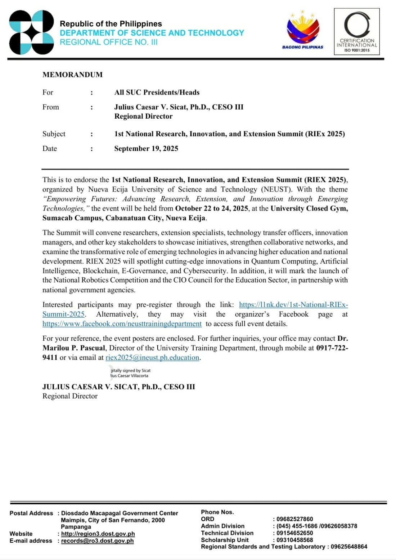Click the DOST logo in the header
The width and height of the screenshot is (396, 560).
click(x=31, y=32)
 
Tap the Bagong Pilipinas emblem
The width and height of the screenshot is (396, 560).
click(x=303, y=30)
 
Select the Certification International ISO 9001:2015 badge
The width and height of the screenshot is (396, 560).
click(x=357, y=32)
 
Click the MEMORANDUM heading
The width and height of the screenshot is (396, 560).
click(x=72, y=75)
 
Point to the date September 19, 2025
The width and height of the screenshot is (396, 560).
click(x=146, y=149)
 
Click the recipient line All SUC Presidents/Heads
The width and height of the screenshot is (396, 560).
click(x=157, y=92)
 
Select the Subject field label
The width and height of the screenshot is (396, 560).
click(x=54, y=134)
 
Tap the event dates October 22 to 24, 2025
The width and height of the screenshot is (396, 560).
click(x=212, y=208)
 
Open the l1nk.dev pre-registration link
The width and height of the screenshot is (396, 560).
click(x=293, y=305)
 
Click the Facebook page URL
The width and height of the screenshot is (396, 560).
click(x=122, y=324)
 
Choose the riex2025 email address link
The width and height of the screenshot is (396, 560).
click(x=152, y=358)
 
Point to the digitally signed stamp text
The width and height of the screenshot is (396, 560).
click(x=130, y=373)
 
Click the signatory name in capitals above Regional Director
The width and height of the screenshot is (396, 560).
click(x=119, y=387)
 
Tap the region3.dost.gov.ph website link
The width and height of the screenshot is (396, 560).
click(x=98, y=534)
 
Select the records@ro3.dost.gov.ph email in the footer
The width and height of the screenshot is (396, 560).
click(x=97, y=541)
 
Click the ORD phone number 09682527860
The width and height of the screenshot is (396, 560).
click(x=295, y=519)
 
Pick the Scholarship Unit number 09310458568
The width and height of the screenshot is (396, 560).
click(x=295, y=540)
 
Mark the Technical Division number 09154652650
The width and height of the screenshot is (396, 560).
click(x=295, y=533)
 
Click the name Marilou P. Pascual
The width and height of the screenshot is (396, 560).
click(x=74, y=348)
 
